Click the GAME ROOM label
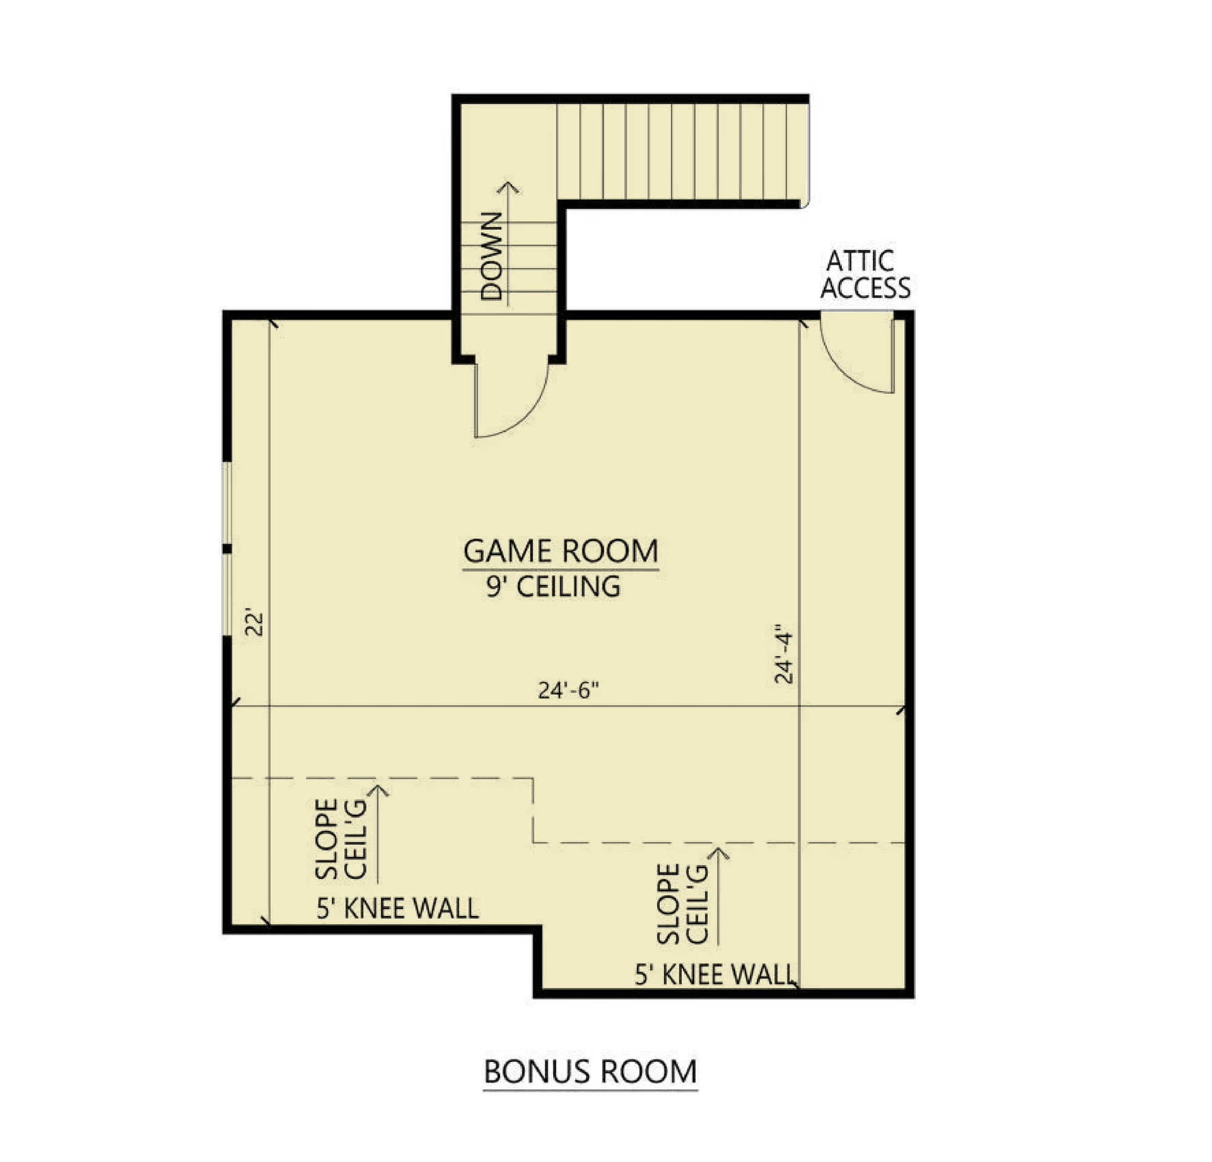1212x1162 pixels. coord(561,551)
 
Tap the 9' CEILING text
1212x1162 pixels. coord(553,587)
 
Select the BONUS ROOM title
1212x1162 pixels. coord(590,1072)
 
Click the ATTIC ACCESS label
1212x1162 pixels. coord(865,275)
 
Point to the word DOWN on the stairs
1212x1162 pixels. coord(492,256)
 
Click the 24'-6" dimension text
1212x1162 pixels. coord(569,690)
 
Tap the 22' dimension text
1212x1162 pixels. coord(254,624)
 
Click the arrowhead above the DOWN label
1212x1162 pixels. coord(508,187)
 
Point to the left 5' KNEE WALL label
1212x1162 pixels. coord(398,909)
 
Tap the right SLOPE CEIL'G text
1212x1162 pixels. coord(682,904)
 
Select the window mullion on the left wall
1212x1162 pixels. coord(227,549)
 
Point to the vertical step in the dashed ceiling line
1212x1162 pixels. coord(533,810)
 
